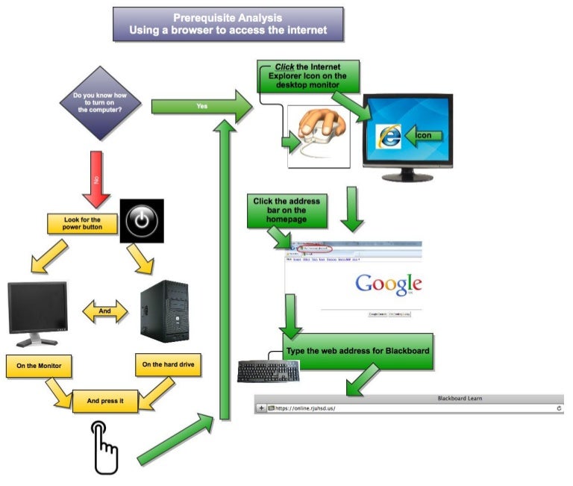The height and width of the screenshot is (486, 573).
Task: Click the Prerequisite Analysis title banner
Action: pyautogui.click(x=228, y=25)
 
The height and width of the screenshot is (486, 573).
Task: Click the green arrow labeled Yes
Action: pyautogui.click(x=201, y=107)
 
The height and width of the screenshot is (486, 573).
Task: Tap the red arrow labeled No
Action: pyautogui.click(x=95, y=179)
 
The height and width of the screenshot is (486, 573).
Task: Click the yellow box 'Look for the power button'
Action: pyautogui.click(x=82, y=223)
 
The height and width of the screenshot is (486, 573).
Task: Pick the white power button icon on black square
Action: pyautogui.click(x=142, y=220)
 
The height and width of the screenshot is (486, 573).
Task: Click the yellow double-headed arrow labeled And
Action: pyautogui.click(x=104, y=310)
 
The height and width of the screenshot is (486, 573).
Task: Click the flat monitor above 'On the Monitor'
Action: pyautogui.click(x=37, y=312)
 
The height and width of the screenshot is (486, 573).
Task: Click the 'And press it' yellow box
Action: pyautogui.click(x=104, y=401)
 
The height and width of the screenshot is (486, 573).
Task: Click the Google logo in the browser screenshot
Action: pyautogui.click(x=388, y=284)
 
